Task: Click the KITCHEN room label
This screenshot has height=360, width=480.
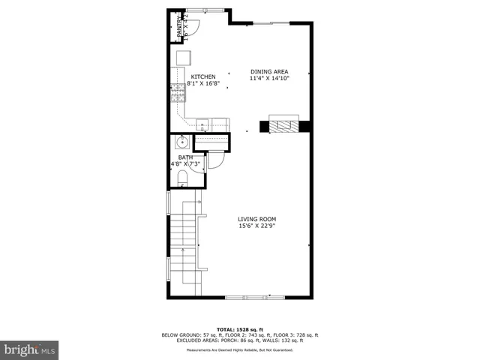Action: click(203, 76)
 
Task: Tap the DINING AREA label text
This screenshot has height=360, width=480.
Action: click(268, 71)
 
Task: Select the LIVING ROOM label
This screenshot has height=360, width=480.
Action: click(257, 219)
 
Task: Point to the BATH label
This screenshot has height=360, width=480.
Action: click(185, 157)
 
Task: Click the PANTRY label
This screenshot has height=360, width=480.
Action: click(179, 29)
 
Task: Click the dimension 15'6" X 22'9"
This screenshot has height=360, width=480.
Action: click(257, 226)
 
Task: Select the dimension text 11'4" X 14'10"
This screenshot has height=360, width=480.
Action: click(268, 78)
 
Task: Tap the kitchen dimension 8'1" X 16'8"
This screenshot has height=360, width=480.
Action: click(203, 83)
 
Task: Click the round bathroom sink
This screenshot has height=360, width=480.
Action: click(181, 142)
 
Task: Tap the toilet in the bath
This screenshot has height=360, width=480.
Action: click(182, 178)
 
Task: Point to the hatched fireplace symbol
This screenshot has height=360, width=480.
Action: click(283, 125)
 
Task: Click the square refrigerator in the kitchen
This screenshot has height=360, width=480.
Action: click(184, 58)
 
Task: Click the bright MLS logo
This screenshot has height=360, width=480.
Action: click(30, 349)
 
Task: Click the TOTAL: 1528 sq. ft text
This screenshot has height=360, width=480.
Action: click(239, 329)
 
